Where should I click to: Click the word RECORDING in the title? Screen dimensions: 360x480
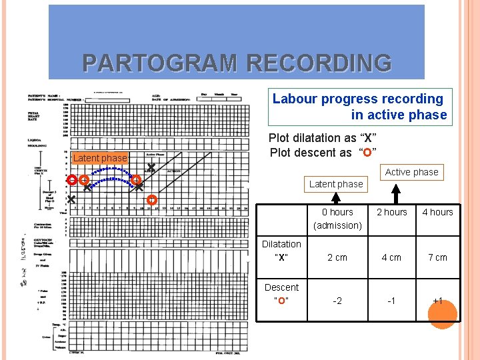pyautogui.click(x=319, y=63)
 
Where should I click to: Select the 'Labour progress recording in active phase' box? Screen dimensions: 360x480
pyautogui.click(x=360, y=107)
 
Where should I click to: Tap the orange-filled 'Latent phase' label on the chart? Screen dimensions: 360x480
pyautogui.click(x=99, y=158)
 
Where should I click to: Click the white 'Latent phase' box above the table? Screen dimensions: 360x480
pyautogui.click(x=336, y=184)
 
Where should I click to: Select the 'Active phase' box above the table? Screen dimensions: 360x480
pyautogui.click(x=411, y=172)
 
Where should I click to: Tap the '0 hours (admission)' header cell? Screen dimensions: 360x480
pyautogui.click(x=337, y=219)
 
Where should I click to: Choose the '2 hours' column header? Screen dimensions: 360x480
pyautogui.click(x=392, y=212)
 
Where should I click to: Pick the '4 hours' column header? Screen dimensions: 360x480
pyautogui.click(x=437, y=212)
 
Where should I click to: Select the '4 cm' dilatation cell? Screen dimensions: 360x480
pyautogui.click(x=392, y=257)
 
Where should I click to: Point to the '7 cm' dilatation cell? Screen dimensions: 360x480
pyautogui.click(x=437, y=257)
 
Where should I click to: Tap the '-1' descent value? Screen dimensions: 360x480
pyautogui.click(x=392, y=301)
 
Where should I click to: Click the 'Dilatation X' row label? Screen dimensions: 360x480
pyautogui.click(x=281, y=251)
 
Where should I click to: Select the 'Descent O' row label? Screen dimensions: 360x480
pyautogui.click(x=281, y=294)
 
